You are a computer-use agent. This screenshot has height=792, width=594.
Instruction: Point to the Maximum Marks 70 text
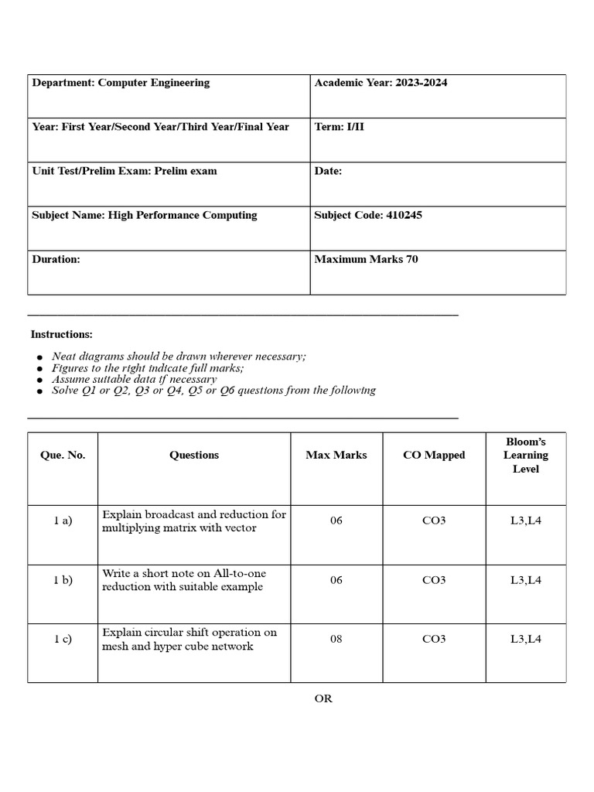click(x=366, y=259)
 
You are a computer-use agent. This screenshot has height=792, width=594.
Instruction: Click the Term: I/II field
click(x=339, y=127)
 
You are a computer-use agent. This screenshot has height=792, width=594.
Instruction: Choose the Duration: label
click(x=56, y=259)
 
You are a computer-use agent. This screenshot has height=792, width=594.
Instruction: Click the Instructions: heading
click(x=61, y=334)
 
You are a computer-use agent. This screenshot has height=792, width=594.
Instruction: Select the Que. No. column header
click(x=63, y=455)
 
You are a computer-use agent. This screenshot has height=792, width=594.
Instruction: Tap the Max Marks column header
click(x=336, y=455)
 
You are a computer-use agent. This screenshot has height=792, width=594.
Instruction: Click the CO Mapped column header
click(x=434, y=455)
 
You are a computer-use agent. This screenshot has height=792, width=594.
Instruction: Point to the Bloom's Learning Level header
click(x=526, y=455)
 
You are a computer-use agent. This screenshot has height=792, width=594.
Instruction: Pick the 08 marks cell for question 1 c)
click(x=336, y=640)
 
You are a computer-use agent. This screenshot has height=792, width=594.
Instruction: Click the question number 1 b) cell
click(x=63, y=580)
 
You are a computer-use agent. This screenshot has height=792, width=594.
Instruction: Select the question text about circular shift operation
click(x=189, y=639)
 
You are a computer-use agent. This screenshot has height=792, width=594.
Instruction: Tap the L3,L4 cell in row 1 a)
click(x=526, y=521)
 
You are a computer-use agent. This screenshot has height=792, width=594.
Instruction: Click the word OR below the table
click(x=323, y=698)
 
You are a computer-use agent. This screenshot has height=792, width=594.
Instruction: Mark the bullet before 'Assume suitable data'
click(x=39, y=381)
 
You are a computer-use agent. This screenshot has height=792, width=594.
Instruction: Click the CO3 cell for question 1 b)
click(x=434, y=580)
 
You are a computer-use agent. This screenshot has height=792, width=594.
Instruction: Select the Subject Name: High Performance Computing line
click(x=145, y=215)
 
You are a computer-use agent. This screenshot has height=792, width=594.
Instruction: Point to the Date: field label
click(x=328, y=171)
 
